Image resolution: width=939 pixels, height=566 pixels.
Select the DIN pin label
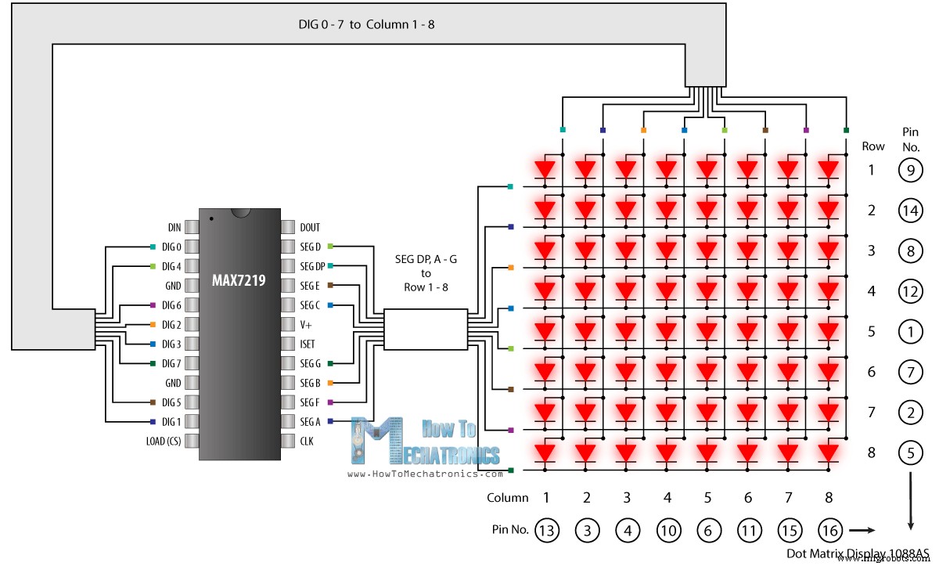coord(174,227)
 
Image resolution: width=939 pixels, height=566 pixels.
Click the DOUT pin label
coord(310,227)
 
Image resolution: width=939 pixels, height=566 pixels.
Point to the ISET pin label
coord(307,344)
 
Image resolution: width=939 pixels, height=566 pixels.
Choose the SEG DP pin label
coord(312,266)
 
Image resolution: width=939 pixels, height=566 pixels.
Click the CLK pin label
coord(307,441)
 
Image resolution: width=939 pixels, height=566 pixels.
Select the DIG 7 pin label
coord(171,363)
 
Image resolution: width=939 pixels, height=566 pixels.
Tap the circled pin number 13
coord(546,531)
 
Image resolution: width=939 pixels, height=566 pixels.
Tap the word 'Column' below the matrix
coord(507,497)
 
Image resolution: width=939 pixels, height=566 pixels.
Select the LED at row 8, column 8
coord(829,453)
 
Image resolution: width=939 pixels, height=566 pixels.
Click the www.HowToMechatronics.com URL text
coord(425,474)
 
